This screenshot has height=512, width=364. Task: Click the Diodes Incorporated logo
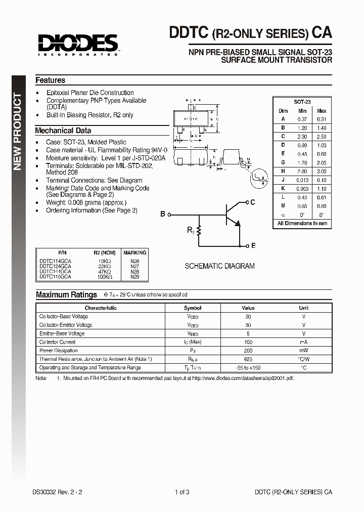(x=76, y=45)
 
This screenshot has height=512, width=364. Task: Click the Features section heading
(x=50, y=80)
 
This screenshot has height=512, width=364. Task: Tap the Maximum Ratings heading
(x=66, y=294)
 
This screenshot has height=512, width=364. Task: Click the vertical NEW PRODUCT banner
(x=18, y=132)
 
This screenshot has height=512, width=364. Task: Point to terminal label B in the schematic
(x=163, y=214)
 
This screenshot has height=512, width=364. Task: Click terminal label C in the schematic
(x=253, y=202)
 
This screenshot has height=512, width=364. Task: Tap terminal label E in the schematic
(x=253, y=245)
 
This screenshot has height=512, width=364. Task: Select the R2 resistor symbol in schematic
(x=199, y=231)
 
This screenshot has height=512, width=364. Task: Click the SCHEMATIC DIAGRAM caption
(x=219, y=266)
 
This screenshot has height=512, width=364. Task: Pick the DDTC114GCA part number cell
(x=55, y=261)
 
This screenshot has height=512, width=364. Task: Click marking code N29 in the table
(x=134, y=277)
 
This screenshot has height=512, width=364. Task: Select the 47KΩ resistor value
(x=104, y=272)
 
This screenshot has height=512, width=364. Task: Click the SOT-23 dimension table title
(x=302, y=102)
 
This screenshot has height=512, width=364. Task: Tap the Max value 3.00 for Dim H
(x=322, y=172)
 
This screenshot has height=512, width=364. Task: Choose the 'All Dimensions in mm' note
(x=302, y=223)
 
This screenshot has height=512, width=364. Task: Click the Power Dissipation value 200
(x=248, y=351)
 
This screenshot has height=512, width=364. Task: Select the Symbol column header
(x=193, y=308)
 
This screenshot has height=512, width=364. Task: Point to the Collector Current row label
(x=58, y=342)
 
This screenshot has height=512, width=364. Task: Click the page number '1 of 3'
(x=181, y=492)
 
